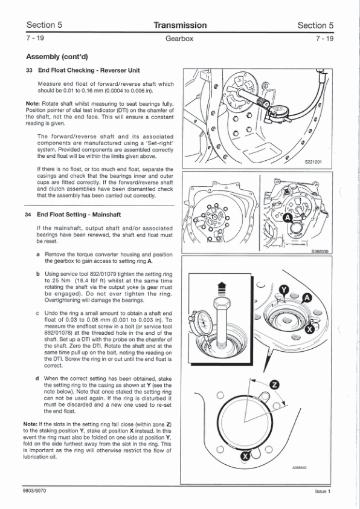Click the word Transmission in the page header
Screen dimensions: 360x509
coord(180,25)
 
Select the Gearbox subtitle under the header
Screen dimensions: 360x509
coord(179,39)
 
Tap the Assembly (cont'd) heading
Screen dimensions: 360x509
coord(57,57)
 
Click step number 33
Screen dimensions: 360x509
coord(28,71)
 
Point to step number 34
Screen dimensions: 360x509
coord(28,215)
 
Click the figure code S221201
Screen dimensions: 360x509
coord(313,161)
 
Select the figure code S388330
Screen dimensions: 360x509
coord(321,251)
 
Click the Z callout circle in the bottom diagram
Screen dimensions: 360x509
coord(275,385)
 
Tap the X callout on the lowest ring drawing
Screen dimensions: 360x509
coord(245,456)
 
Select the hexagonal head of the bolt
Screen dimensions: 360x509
coord(222,304)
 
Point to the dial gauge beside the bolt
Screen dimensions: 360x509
coord(201,323)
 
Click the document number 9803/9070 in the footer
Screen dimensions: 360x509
coord(34,490)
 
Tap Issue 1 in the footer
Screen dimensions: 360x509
coord(323,491)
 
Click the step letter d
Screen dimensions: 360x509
coord(37,378)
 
